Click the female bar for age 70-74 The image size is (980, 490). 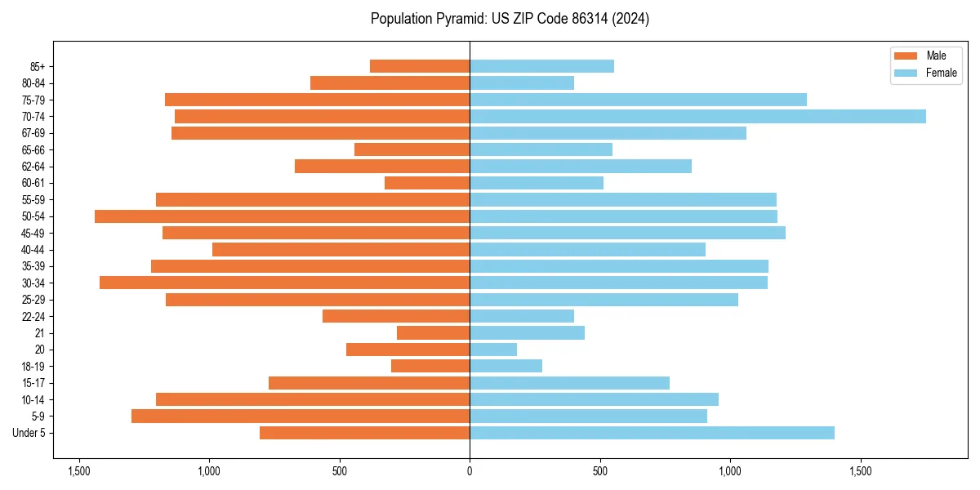(x=697, y=116)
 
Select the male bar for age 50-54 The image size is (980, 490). (x=282, y=216)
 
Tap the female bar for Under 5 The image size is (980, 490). (x=652, y=433)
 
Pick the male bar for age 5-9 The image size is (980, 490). (x=301, y=416)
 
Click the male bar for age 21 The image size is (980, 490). (x=433, y=332)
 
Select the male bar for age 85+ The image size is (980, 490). (x=420, y=66)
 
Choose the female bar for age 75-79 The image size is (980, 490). (x=638, y=100)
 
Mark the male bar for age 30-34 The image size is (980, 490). (x=284, y=283)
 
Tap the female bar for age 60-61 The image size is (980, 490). (x=537, y=183)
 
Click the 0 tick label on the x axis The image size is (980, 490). (x=470, y=472)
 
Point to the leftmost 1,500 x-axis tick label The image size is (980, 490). (x=79, y=472)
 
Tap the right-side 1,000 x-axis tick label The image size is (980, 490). (x=730, y=472)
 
